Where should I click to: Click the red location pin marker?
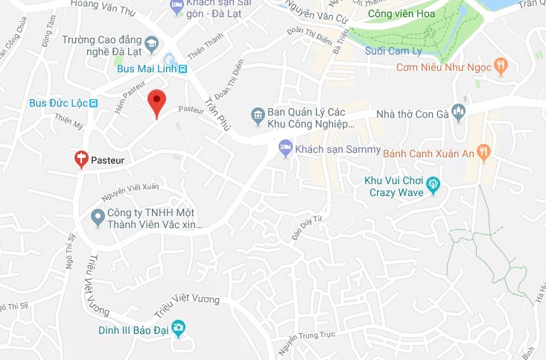click(156, 101)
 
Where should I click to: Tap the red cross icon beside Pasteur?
click(82, 158)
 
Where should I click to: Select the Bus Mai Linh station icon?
click(183, 69)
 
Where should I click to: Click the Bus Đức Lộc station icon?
click(93, 103)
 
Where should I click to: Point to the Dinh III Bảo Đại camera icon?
click(179, 329)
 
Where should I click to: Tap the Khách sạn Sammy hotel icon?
click(285, 148)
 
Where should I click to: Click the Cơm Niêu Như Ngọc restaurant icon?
click(501, 66)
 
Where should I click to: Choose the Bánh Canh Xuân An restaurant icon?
click(485, 151)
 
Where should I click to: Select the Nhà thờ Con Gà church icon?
click(458, 113)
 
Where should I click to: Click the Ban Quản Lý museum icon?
click(258, 115)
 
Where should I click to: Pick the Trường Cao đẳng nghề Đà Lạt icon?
click(153, 45)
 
